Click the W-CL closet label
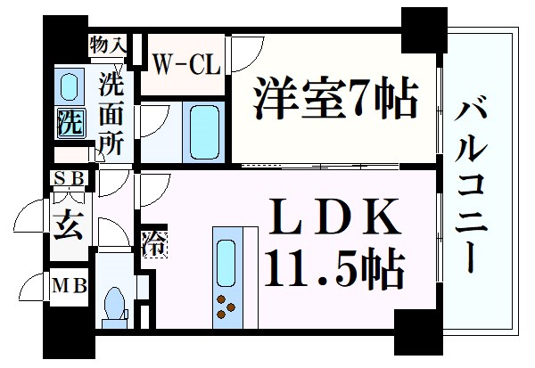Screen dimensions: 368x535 (185, 63)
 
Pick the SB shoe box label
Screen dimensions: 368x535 (67, 178)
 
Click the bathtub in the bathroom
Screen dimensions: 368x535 (205, 131)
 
